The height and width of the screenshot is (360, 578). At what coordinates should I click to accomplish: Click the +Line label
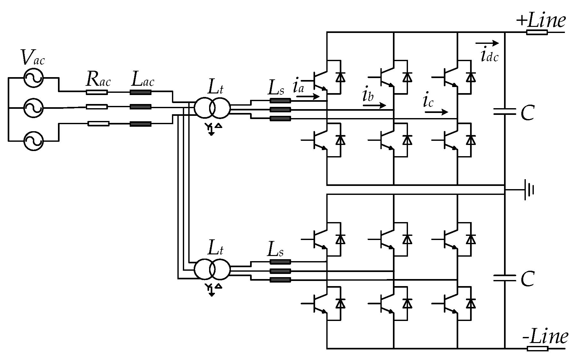pos(541,21)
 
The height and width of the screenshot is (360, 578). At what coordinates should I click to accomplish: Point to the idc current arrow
pos(487,43)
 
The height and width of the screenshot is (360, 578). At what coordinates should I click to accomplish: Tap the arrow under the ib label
pos(374,105)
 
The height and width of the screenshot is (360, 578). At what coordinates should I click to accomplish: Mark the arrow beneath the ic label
pos(436,112)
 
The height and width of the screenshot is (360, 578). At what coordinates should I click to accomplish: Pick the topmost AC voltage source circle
pos(33,78)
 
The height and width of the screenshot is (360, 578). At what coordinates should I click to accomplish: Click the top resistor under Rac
pos(97,92)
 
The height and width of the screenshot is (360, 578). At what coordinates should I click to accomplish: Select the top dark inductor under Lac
pos(140,92)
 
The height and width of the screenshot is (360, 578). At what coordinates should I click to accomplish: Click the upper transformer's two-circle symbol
pos(212,108)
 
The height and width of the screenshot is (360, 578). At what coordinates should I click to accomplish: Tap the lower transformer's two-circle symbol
pos(212,269)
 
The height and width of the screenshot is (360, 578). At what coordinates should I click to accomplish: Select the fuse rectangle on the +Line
pos(537,32)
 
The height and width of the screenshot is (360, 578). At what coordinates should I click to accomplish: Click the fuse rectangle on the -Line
pos(537,348)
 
